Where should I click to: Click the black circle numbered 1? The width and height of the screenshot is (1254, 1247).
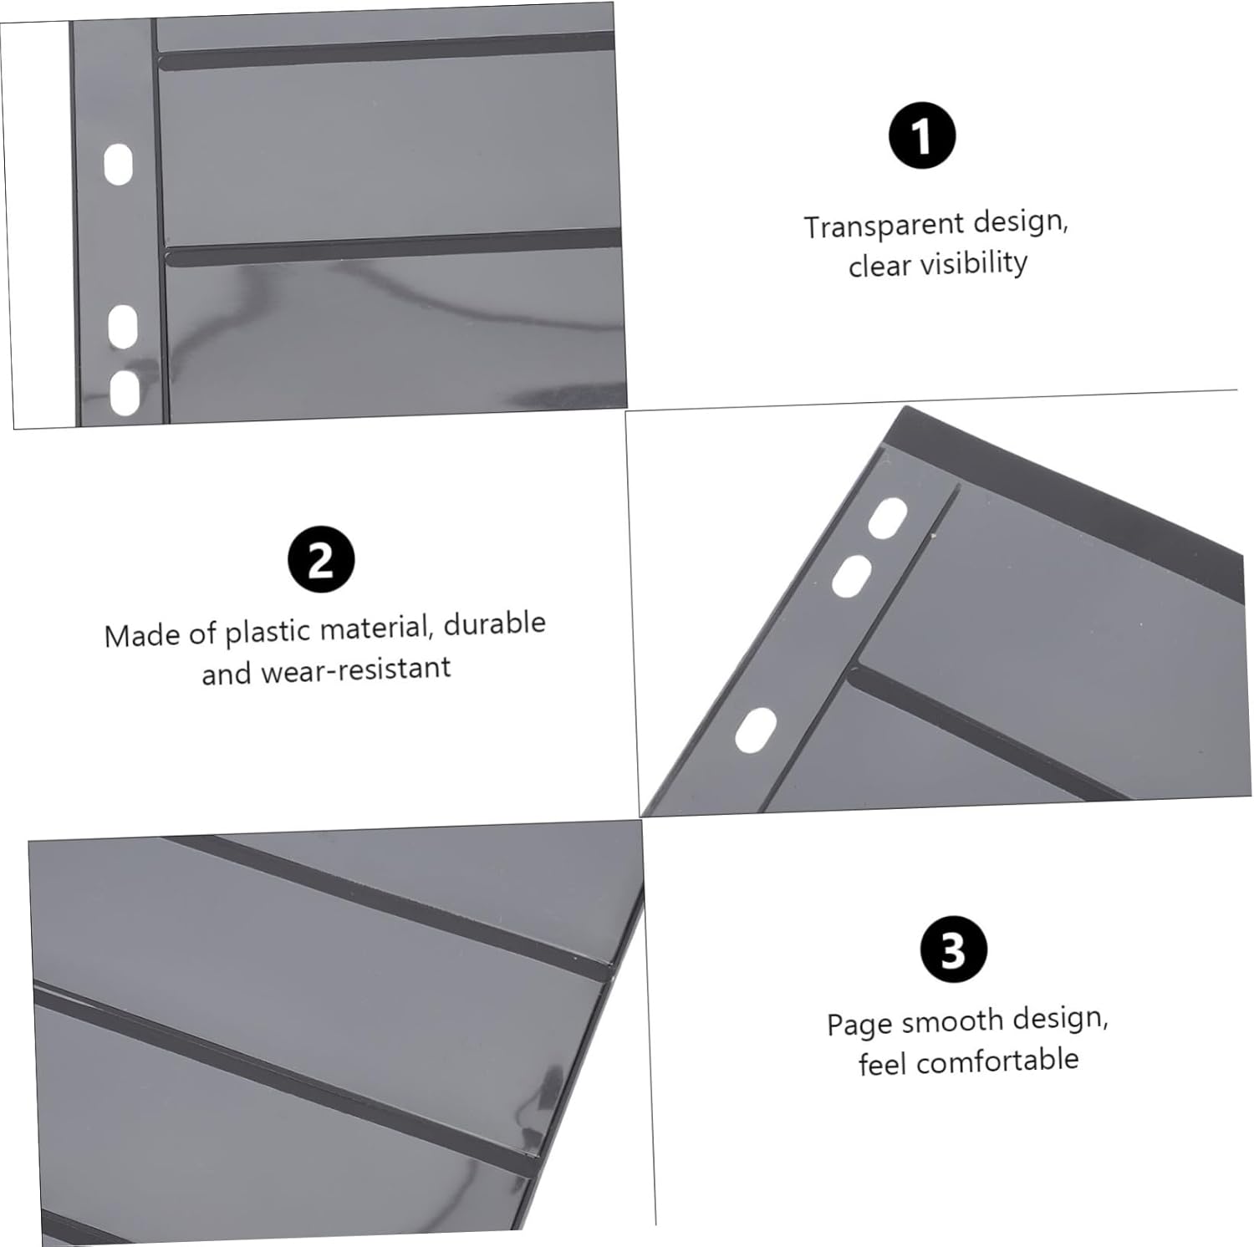pyautogui.click(x=921, y=136)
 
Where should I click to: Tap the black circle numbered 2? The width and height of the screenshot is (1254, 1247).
pyautogui.click(x=321, y=559)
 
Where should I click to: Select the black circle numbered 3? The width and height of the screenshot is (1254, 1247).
pyautogui.click(x=954, y=949)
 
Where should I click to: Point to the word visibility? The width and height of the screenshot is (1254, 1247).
pyautogui.click(x=972, y=263)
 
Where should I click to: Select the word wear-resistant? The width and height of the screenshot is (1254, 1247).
pyautogui.click(x=356, y=669)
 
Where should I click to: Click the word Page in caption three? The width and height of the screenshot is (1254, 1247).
pyautogui.click(x=859, y=1025)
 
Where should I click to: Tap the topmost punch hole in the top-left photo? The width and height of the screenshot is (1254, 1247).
pyautogui.click(x=118, y=165)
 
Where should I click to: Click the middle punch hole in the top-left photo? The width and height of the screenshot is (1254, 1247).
pyautogui.click(x=123, y=326)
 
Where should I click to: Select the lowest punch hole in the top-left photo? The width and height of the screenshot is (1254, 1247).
pyautogui.click(x=125, y=392)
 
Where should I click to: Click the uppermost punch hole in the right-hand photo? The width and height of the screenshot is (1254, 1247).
pyautogui.click(x=887, y=518)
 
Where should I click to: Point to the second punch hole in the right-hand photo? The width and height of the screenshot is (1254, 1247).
pyautogui.click(x=852, y=577)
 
